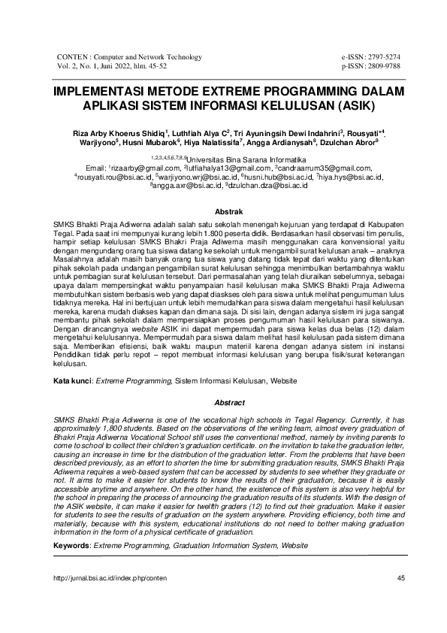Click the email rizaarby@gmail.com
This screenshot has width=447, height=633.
click(146, 169)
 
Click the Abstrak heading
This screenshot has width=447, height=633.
click(223, 214)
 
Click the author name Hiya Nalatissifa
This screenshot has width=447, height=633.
click(226, 141)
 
